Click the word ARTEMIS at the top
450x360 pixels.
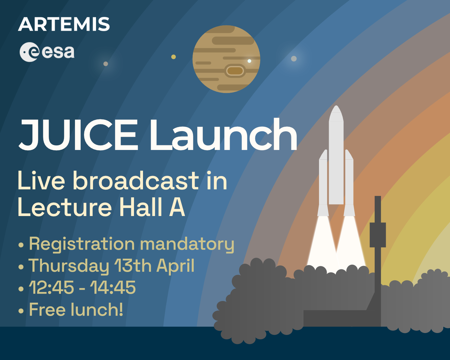pos(64,24)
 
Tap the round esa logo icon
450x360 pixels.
pos(29,52)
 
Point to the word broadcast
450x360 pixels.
pos(136,181)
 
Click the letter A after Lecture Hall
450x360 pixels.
pos(177,207)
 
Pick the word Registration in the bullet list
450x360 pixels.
pos(82,244)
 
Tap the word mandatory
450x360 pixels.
pos(187,244)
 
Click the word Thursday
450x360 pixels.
pos(69,266)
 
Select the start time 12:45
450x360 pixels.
pos(52,287)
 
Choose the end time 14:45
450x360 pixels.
pos(113,287)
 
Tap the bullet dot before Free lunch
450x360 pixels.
pos(21,311)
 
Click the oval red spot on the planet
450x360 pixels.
pos(235,70)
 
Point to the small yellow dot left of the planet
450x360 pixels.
pos(173,57)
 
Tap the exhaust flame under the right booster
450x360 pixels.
pos(350,240)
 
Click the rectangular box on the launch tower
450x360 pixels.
pos(378,235)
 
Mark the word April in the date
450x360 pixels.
pos(175,266)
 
